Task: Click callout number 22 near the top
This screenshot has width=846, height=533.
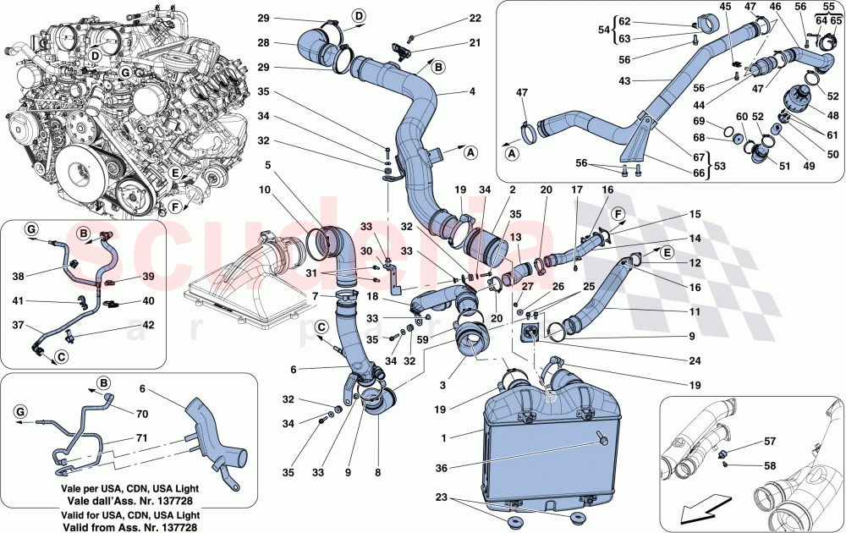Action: [x=475, y=18]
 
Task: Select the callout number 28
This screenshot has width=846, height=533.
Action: [x=263, y=42]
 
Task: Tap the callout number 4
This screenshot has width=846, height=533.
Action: [x=473, y=91]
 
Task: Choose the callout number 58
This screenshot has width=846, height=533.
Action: [x=771, y=465]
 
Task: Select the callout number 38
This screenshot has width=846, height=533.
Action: [x=19, y=275]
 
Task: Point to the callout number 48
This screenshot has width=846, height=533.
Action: [x=834, y=116]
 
